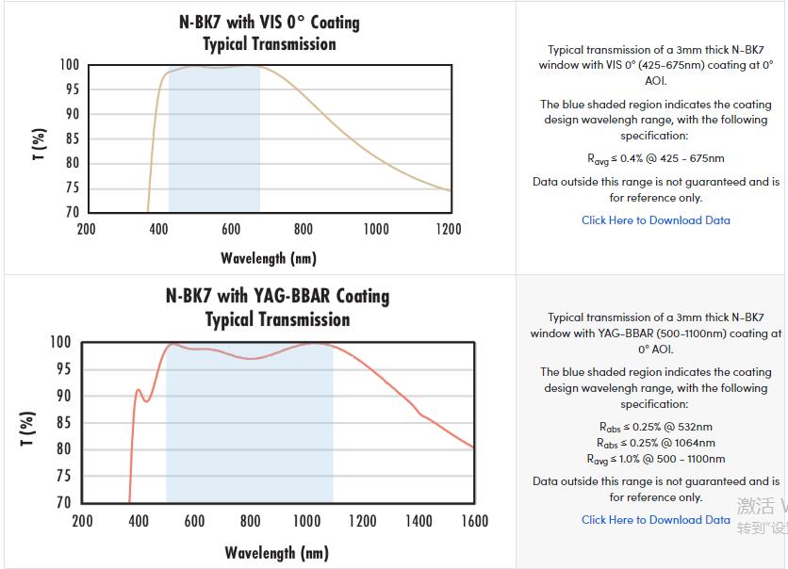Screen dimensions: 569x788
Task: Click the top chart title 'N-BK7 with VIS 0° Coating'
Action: click(270, 22)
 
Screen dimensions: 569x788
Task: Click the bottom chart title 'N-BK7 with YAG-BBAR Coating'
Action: click(277, 296)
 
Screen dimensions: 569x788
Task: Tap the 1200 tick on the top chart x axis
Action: click(449, 229)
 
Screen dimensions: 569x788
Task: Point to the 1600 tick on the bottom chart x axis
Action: click(474, 521)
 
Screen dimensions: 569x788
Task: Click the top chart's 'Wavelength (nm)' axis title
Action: click(269, 258)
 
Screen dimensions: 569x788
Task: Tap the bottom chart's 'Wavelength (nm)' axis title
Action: click(276, 553)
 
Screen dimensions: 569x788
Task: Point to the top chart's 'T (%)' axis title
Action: click(39, 143)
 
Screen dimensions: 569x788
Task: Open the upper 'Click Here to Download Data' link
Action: click(655, 220)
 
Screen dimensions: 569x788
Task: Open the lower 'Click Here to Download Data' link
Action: click(655, 519)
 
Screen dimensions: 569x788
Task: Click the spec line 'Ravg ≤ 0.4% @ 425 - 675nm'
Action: click(655, 158)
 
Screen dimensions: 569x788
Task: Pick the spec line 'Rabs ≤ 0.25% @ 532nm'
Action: click(655, 427)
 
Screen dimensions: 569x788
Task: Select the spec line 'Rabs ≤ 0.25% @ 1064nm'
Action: click(655, 443)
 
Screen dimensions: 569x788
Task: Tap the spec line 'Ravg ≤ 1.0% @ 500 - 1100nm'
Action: click(655, 459)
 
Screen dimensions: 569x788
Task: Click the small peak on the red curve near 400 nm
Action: click(138, 390)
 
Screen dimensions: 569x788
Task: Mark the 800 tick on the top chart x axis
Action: click(304, 229)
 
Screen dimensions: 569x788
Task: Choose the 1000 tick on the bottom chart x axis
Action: click(306, 521)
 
